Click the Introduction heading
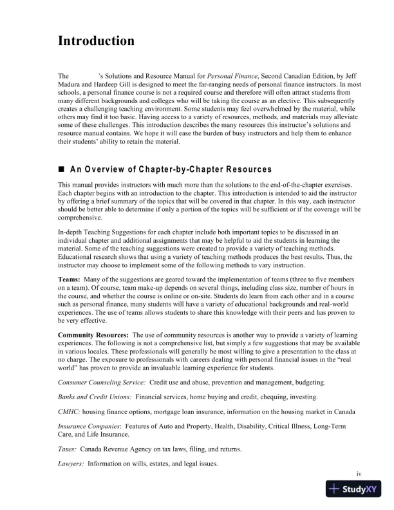pos(96,41)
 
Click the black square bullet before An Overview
pos(62,169)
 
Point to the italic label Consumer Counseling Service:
pos(102,383)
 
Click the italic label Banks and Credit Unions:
pos(94,398)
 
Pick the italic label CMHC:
pos(68,412)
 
